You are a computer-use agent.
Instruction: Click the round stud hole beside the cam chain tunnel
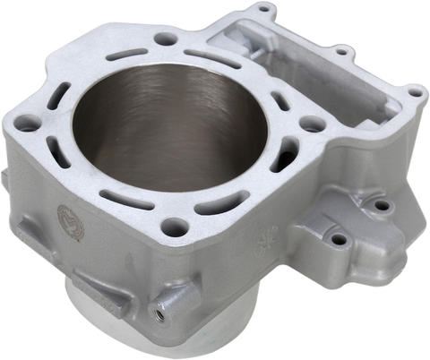(310, 126)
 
